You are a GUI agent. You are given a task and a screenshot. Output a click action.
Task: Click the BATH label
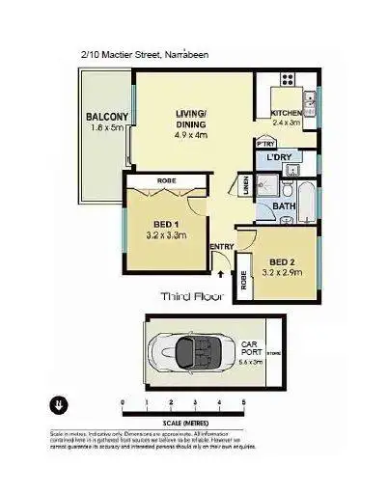283,206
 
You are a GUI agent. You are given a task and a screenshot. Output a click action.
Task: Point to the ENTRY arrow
221,273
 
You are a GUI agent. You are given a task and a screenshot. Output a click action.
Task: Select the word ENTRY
221,247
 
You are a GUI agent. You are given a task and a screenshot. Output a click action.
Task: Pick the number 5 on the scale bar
243,402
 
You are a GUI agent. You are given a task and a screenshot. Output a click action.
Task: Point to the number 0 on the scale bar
122,402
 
